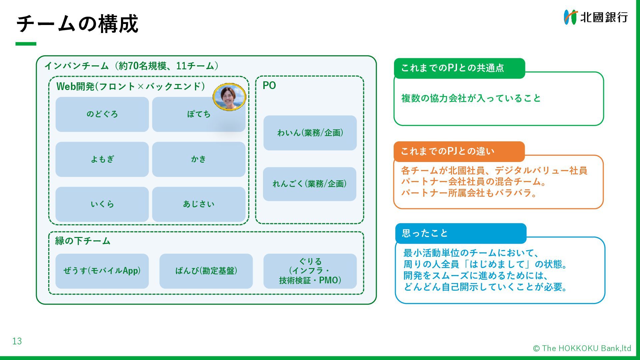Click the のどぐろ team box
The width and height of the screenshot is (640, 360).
[102, 114]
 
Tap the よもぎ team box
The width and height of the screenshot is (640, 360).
[102, 159]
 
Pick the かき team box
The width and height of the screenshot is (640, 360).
[199, 159]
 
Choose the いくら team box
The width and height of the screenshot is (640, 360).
[102, 204]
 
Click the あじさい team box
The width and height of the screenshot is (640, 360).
[199, 204]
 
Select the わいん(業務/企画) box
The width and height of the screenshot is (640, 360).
[310, 133]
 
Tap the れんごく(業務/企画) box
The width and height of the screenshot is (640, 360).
[309, 184]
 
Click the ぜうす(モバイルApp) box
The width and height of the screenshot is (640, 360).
[102, 271]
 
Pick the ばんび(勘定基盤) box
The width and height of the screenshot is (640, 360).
[206, 271]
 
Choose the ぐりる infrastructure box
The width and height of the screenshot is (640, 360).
[310, 271]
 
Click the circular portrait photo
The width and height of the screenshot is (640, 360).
[229, 97]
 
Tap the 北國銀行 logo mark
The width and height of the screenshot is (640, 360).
[570, 17]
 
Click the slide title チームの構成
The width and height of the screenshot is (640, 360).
[77, 24]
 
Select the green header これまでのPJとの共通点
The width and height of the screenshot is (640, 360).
[459, 68]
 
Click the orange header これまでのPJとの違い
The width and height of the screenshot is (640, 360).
[459, 151]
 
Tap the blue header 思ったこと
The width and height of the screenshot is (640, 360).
[460, 233]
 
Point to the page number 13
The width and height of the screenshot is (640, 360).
[17, 341]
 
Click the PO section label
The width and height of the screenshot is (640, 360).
[269, 86]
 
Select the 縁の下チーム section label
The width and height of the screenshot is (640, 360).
[83, 241]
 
